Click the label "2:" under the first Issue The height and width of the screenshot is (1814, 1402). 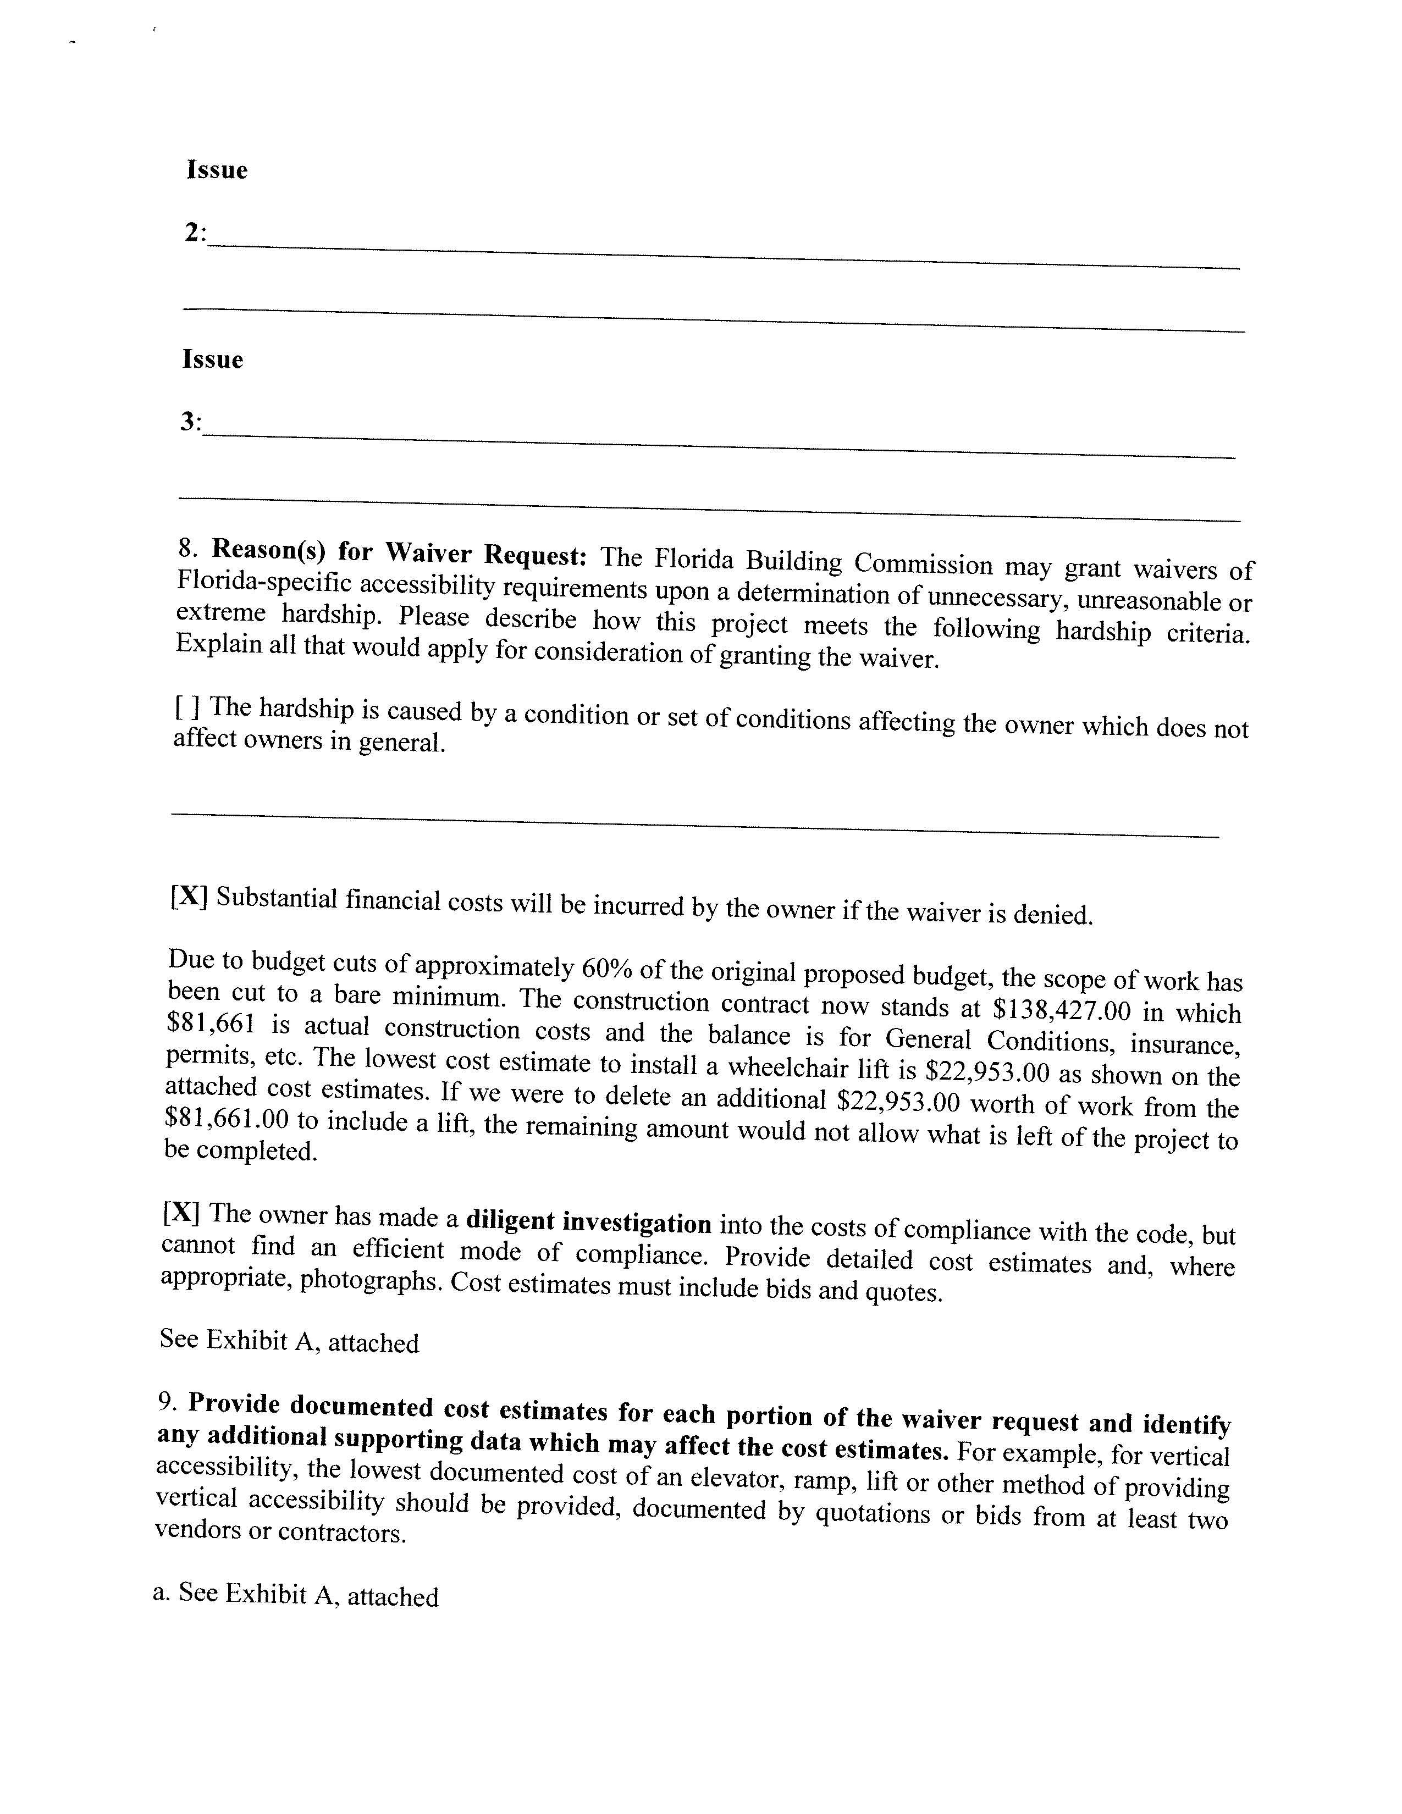pyautogui.click(x=195, y=234)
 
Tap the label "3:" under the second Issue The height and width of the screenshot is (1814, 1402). pyautogui.click(x=191, y=422)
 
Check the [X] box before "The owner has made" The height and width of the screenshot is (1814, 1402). pyautogui.click(x=181, y=1213)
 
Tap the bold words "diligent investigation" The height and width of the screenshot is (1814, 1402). pyautogui.click(x=588, y=1223)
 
